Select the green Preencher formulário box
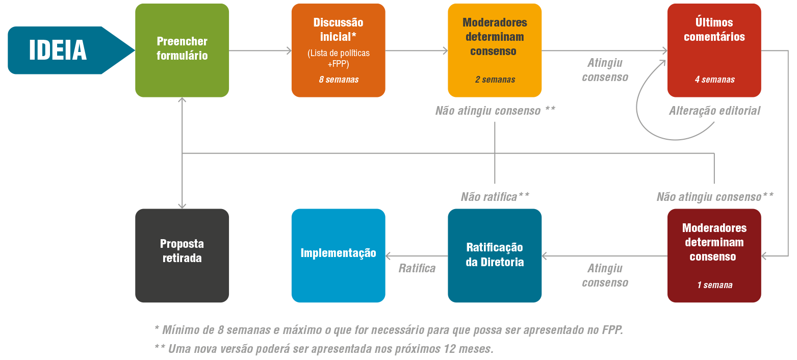(182, 50)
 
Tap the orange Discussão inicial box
(339, 50)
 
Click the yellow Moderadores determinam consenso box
(495, 50)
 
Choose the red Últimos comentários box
(714, 50)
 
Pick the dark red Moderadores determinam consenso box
(714, 255)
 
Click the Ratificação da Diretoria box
(495, 255)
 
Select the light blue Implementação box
(339, 255)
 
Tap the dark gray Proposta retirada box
(182, 255)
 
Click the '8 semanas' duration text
(339, 80)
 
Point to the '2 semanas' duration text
(495, 80)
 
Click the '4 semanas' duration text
(714, 80)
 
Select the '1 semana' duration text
(714, 285)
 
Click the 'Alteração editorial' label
(714, 111)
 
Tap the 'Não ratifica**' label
(495, 197)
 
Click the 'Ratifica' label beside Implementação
(417, 268)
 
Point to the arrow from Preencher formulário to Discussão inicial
(260, 50)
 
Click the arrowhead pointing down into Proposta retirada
(182, 206)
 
